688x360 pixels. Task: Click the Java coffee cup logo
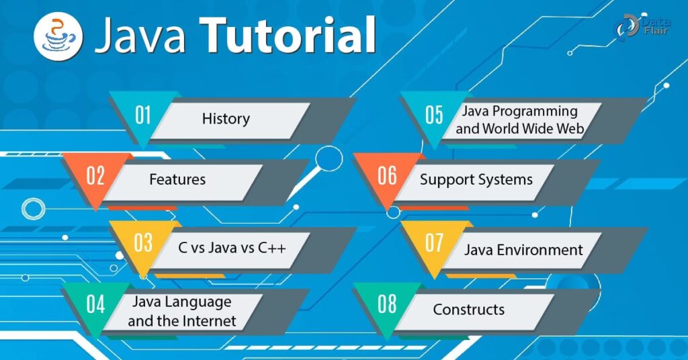pyautogui.click(x=58, y=36)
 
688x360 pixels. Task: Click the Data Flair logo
pyautogui.click(x=642, y=27)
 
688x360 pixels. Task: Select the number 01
pyautogui.click(x=143, y=116)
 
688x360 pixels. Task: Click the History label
pyautogui.click(x=226, y=118)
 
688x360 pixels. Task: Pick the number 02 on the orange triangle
pyautogui.click(x=95, y=175)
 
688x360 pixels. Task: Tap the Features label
pyautogui.click(x=177, y=179)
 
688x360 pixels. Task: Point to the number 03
pyautogui.click(x=143, y=242)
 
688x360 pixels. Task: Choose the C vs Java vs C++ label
pyautogui.click(x=232, y=248)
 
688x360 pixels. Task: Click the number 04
pyautogui.click(x=95, y=304)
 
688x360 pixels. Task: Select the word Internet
pyautogui.click(x=209, y=321)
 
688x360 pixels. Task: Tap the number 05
pyautogui.click(x=435, y=115)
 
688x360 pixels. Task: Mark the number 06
pyautogui.click(x=387, y=175)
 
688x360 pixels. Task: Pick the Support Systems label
pyautogui.click(x=476, y=180)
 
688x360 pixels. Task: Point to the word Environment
pyautogui.click(x=539, y=250)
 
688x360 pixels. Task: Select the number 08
pyautogui.click(x=387, y=304)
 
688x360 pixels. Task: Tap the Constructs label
pyautogui.click(x=468, y=310)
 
